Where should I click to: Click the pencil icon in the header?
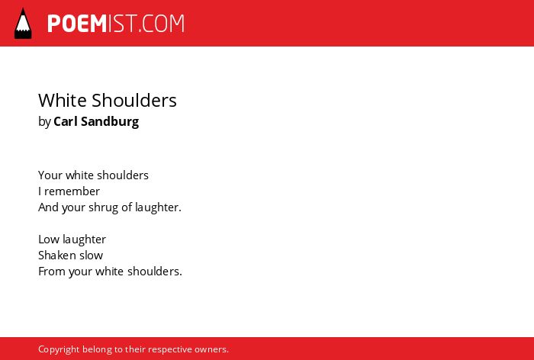pos(23,24)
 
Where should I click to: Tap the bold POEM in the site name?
pos(77,24)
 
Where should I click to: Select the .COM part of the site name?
pos(162,24)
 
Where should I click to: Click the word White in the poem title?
pos(63,100)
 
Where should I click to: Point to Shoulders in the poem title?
pos(134,100)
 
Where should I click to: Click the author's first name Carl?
pos(66,121)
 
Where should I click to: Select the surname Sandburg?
pos(110,121)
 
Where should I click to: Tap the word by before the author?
pos(44,122)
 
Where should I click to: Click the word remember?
pos(72,191)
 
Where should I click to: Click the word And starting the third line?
pos(48,207)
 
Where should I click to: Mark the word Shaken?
pos(55,255)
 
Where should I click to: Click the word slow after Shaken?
pos(89,255)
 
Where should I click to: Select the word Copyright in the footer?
pos(59,349)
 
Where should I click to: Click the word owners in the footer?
pos(211,350)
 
